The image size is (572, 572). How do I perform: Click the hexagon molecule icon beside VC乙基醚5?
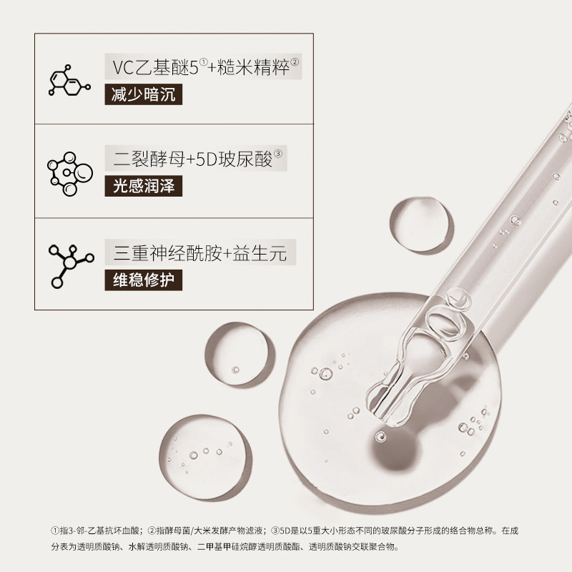(67, 81)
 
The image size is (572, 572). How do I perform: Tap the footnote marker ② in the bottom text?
(152, 531)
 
